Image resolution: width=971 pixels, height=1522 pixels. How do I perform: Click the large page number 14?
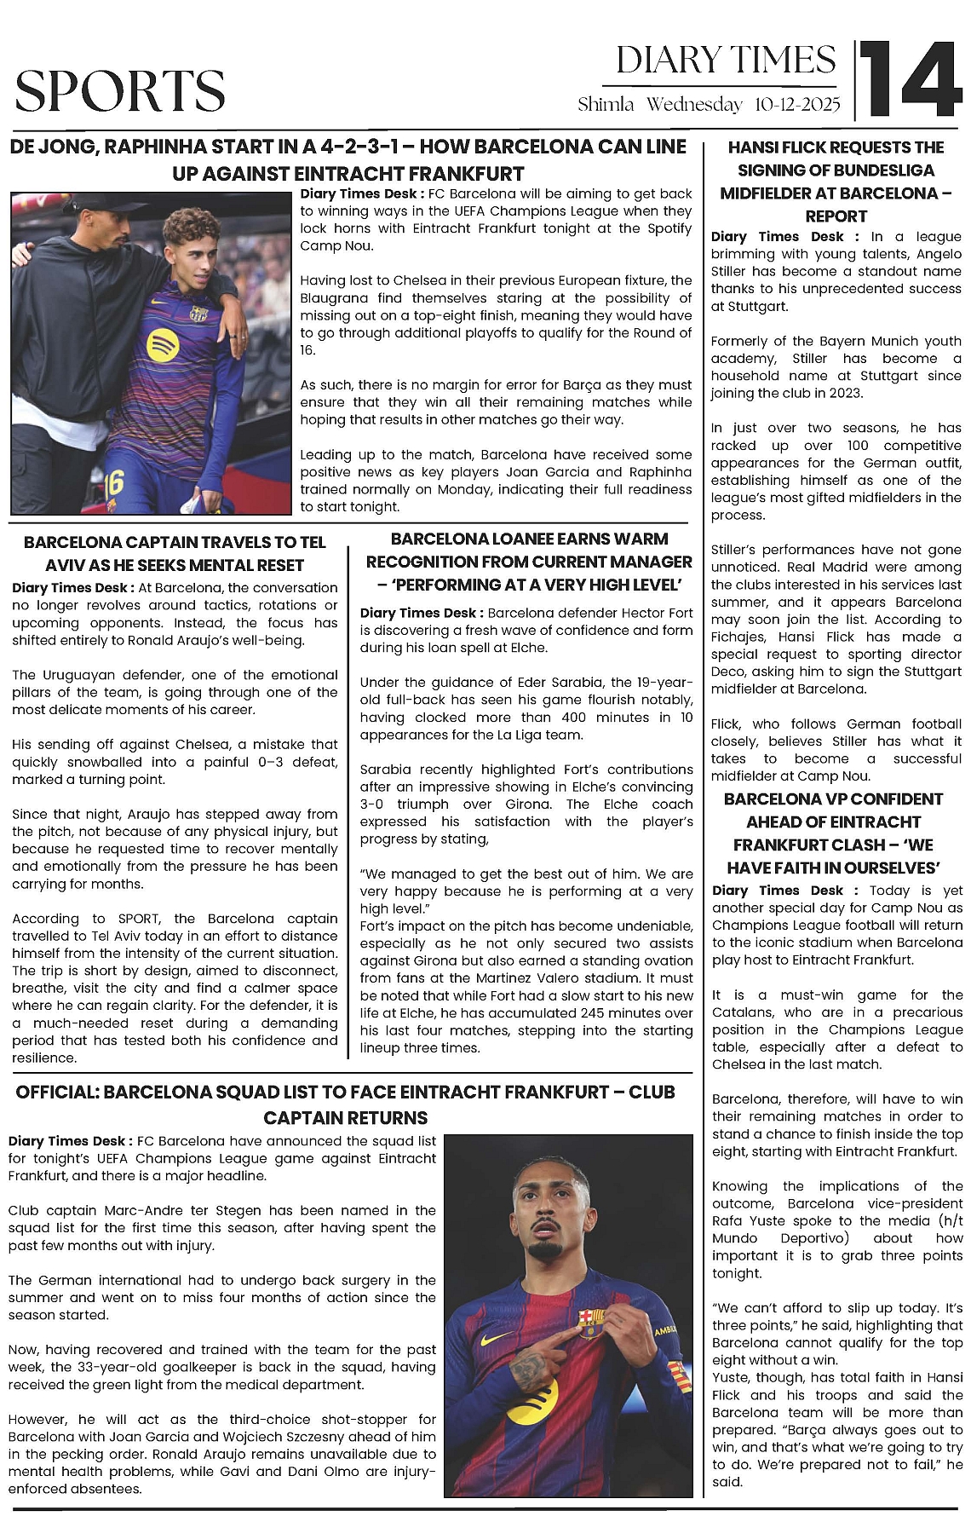click(910, 80)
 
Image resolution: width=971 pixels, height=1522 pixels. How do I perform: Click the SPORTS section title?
click(120, 91)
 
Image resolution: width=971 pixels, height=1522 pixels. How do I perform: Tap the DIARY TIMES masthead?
click(726, 61)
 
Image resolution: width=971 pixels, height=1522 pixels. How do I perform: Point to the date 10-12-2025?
click(797, 105)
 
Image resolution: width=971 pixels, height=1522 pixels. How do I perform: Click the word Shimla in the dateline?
click(606, 105)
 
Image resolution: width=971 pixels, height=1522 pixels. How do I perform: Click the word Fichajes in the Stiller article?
click(738, 637)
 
